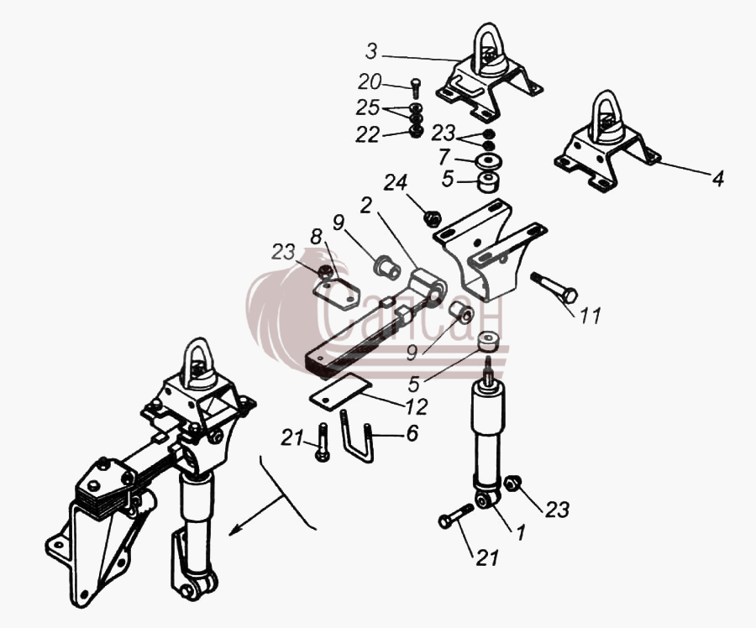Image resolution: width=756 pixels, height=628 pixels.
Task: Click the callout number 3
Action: [x=370, y=51]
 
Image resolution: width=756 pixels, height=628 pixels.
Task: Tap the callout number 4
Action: [x=718, y=179]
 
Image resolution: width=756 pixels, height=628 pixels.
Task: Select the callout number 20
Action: [x=370, y=82]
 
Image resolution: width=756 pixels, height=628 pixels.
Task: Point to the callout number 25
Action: [x=368, y=108]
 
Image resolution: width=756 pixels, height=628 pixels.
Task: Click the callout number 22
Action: [x=368, y=135]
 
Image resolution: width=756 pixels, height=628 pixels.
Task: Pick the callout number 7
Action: [x=444, y=157]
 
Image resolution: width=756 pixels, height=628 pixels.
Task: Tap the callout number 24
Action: [x=396, y=183]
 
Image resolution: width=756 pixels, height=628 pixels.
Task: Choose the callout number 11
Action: [x=591, y=316]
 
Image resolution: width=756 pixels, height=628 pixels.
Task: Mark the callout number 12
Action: [x=417, y=407]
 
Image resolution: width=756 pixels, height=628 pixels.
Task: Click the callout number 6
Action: [x=412, y=433]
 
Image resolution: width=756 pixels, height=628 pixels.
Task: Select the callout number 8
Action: [x=317, y=237]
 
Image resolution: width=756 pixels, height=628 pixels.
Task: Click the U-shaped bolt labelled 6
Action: [x=357, y=436]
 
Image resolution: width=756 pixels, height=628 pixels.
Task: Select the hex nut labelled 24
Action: [x=433, y=218]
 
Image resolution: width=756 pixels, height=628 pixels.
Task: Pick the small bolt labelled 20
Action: [x=416, y=87]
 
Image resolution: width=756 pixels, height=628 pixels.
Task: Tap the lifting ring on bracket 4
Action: [x=607, y=116]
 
